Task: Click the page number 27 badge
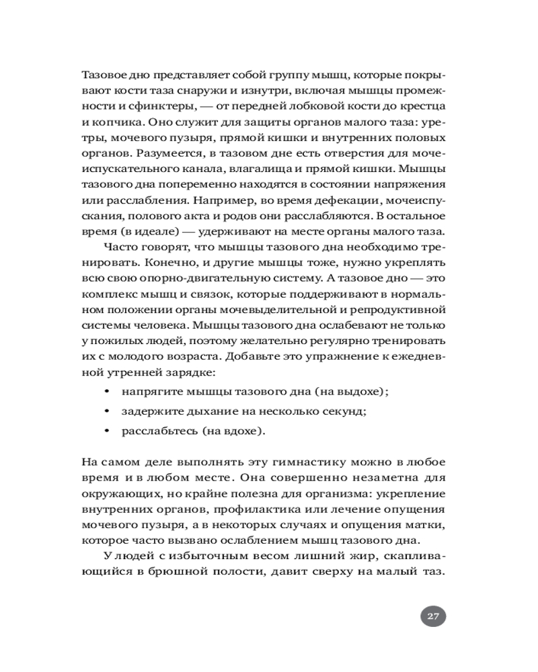tap(433, 616)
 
